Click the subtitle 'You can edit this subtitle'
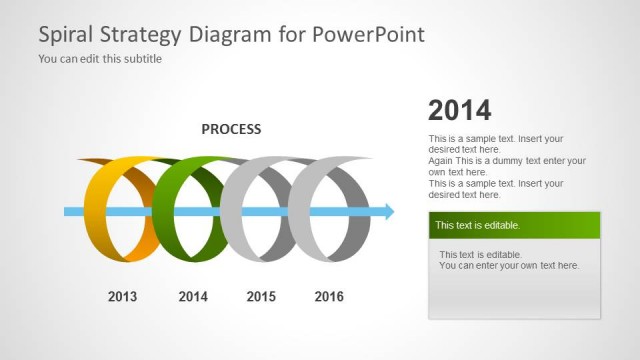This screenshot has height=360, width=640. [x=100, y=58]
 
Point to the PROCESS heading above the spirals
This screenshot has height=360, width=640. [x=231, y=129]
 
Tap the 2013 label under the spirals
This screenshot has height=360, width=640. [x=122, y=296]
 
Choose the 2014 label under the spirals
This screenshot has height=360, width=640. [x=192, y=296]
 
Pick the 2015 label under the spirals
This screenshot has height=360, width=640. [x=261, y=296]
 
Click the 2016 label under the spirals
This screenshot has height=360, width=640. [x=329, y=296]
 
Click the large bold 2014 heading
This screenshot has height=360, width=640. [x=460, y=111]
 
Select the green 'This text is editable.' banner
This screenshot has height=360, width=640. [x=513, y=225]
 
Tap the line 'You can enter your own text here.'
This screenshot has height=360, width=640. [x=509, y=265]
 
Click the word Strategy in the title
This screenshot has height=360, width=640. [x=144, y=34]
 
